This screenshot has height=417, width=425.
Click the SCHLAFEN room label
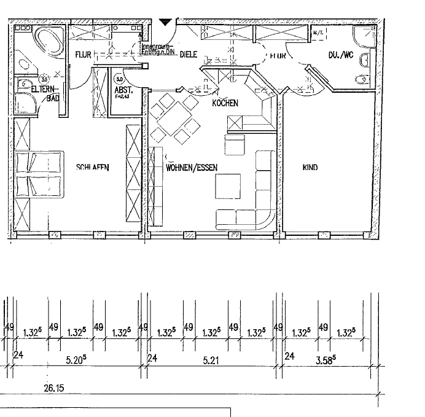[x=93, y=167]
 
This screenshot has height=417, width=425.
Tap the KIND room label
[x=310, y=167]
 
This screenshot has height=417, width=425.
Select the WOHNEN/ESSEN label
[x=192, y=167]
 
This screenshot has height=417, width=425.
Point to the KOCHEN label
[x=225, y=103]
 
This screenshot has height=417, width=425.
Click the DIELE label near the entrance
[x=188, y=55]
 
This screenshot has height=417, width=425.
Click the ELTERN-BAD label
[x=44, y=93]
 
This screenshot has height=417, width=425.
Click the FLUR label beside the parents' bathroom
[x=83, y=55]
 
